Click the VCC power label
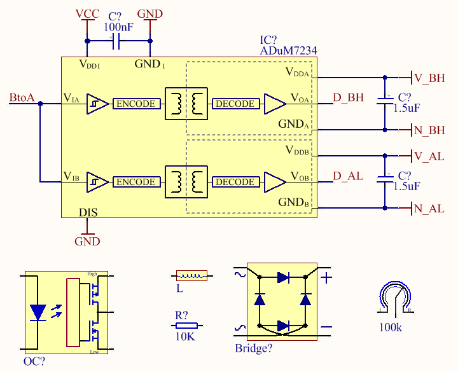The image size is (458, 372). pos(87,14)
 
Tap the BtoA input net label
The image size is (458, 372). pos(22,98)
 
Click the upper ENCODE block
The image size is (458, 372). pos(135,104)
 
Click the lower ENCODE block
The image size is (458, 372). pos(135,182)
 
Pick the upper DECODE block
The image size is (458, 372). pos(235,104)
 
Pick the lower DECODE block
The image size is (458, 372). pos(235,182)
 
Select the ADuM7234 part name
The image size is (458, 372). pos(288,51)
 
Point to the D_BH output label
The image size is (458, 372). pos(349,98)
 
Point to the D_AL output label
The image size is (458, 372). pos(348,176)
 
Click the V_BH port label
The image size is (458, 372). pos(429,78)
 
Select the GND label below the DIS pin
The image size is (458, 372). pos(87,241)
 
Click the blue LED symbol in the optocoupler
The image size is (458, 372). pos(38,312)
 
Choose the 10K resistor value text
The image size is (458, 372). pos(184,337)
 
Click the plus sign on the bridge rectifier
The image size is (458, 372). pos(326,278)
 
